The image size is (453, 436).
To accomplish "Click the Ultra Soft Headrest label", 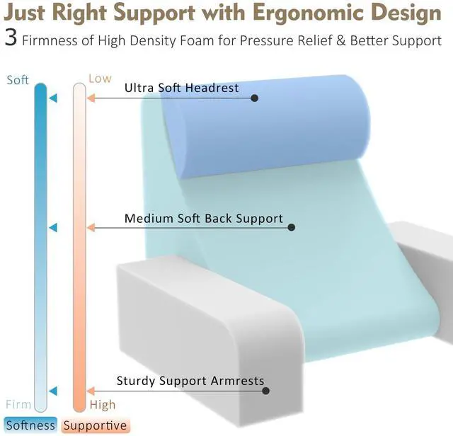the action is tap(182, 88).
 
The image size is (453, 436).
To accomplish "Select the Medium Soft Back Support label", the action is tap(204, 219).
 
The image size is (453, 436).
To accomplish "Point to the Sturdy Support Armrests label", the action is tap(190, 381).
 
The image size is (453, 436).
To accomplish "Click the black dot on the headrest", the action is tap(255, 98).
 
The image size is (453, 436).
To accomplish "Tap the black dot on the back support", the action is tap(292, 227).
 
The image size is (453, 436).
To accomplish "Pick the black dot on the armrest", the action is tap(266, 391).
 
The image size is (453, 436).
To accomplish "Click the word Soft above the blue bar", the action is tap(18, 80).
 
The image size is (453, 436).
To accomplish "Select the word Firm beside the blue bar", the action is tap(18, 405).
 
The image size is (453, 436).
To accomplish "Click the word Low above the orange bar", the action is tap(100, 79).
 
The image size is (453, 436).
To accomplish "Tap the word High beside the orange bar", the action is tap(103, 405).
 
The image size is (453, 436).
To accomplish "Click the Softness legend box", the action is tap(30, 425).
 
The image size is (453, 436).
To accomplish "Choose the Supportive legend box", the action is tap(95, 425).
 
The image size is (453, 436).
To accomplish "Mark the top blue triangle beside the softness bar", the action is tap(53, 98).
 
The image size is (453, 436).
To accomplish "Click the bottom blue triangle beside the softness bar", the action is tap(53, 391).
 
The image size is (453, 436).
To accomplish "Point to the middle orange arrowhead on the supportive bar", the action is tap(91, 228).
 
